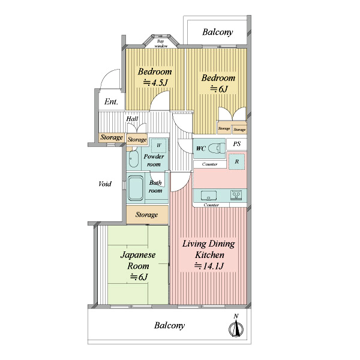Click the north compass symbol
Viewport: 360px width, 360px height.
click(x=236, y=327)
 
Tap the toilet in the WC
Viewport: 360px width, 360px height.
click(x=217, y=148)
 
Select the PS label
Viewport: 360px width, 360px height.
click(x=237, y=144)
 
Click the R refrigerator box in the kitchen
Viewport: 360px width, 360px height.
click(x=237, y=161)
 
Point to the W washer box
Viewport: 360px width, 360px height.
click(x=158, y=145)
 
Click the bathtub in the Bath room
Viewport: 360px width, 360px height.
click(x=136, y=188)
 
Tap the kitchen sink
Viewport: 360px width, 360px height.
click(x=209, y=196)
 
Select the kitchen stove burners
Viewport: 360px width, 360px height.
click(x=236, y=195)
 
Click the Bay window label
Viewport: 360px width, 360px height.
click(x=161, y=44)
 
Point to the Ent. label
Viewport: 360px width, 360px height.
click(x=111, y=101)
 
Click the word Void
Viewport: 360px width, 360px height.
click(x=105, y=184)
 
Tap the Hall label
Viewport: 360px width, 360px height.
click(x=132, y=119)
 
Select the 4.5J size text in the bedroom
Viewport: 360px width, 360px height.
click(x=155, y=82)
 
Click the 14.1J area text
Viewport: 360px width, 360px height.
click(x=209, y=266)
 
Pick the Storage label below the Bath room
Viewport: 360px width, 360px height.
click(x=146, y=215)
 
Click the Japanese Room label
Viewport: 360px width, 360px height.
click(x=138, y=260)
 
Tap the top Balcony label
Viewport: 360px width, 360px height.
click(x=217, y=32)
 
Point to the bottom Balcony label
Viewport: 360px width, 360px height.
click(x=169, y=325)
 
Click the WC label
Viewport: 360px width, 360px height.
click(x=200, y=149)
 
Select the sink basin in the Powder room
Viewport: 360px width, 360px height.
click(x=133, y=159)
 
